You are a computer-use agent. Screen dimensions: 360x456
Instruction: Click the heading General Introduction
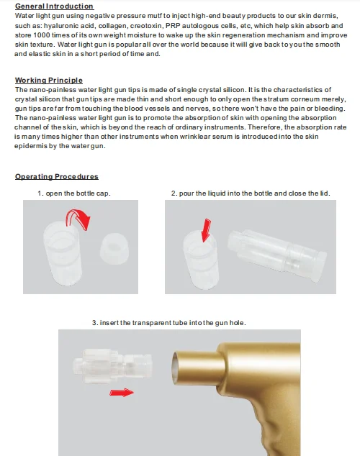pos(55,6)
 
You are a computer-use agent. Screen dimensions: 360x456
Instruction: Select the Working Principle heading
pos(49,80)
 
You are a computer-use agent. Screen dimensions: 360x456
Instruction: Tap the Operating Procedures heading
pos(57,176)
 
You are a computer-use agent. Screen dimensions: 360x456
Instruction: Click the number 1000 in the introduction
pos(42,35)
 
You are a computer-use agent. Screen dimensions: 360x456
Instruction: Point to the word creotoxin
pos(146,26)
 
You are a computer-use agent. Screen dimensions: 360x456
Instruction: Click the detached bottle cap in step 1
pos(114,249)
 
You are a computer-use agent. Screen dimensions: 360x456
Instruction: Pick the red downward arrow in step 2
pos(206,229)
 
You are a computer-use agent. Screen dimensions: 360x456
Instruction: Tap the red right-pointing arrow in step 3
pos(122,393)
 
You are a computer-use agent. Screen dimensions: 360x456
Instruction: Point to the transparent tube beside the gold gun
pos(112,365)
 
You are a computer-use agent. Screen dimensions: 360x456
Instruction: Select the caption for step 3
pos(168,323)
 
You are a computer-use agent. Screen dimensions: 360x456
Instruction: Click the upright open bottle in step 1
pos(62,252)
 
